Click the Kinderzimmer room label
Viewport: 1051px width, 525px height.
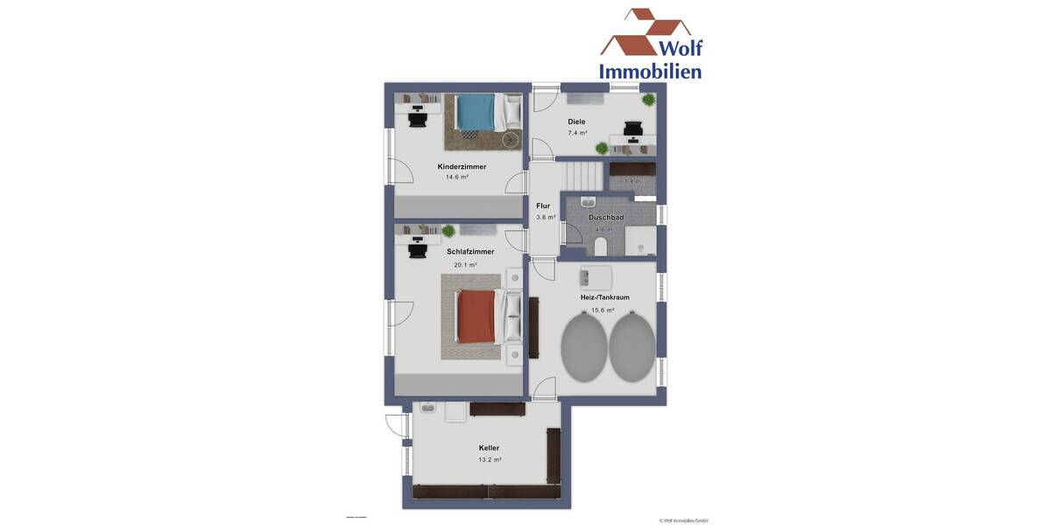[x=462, y=166]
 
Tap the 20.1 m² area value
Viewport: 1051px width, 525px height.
[x=465, y=265]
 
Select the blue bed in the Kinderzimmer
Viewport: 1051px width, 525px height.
[x=476, y=112]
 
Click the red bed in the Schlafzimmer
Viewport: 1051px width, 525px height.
[x=476, y=316]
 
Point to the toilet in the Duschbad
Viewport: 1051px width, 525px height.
[x=601, y=246]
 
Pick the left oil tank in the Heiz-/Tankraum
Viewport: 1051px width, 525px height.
[x=583, y=346]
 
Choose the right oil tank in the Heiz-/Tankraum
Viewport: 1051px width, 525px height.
[x=631, y=346]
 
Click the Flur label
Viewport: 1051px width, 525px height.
[x=543, y=206]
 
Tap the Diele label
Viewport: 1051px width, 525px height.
[x=576, y=122]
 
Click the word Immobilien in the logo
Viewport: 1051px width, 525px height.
[x=650, y=71]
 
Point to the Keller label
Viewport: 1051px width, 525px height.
[x=489, y=448]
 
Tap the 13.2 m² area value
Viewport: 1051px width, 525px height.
[x=490, y=459]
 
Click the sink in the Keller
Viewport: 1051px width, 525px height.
[x=428, y=408]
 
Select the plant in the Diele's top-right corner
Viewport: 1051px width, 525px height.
[x=648, y=100]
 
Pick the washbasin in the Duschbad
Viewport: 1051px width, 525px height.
[x=588, y=202]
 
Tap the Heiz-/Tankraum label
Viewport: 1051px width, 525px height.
[x=604, y=297]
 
